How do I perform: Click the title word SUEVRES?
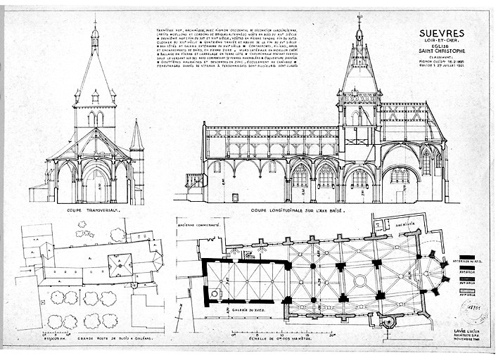441,33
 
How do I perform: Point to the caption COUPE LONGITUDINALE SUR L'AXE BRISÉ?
295,210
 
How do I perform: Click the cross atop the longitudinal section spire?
359,17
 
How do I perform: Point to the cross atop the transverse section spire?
94,24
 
